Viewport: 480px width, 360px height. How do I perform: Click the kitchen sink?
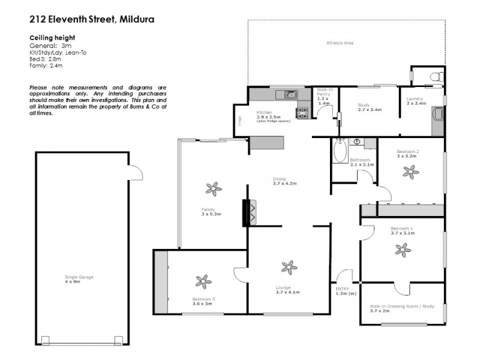pos(289,94)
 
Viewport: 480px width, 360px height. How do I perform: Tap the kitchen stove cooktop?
pos(302,111)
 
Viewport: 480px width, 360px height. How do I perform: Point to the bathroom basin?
pos(357,142)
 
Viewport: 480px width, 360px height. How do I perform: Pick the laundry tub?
pos(438,114)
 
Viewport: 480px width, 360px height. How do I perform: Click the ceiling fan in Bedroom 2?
pos(411,173)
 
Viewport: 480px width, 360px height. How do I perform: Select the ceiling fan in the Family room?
pos(212,190)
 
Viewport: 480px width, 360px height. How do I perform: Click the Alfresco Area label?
pos(339,43)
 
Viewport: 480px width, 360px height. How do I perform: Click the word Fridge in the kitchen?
pos(239,121)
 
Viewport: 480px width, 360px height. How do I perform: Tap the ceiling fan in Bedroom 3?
pos(204,281)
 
